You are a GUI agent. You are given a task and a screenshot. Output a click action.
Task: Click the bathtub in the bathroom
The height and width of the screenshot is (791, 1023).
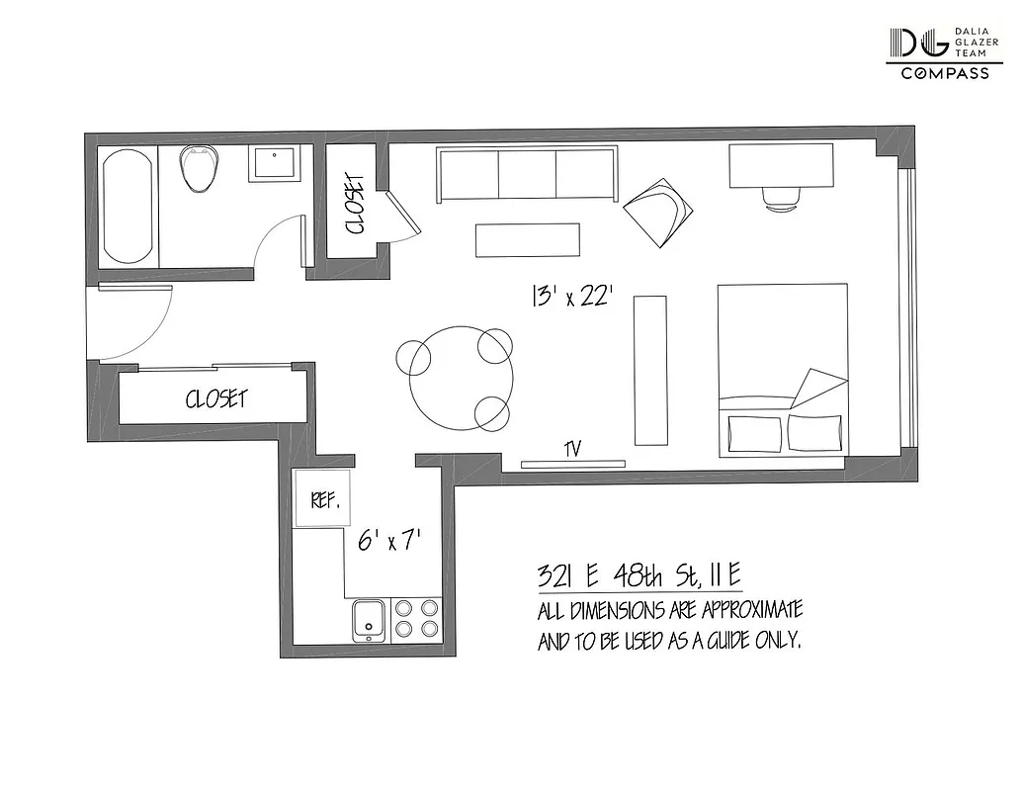tap(128, 206)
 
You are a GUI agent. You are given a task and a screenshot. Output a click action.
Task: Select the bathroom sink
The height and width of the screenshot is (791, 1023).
tap(275, 163)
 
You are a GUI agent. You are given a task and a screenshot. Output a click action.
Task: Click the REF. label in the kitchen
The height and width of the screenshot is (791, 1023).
tap(324, 500)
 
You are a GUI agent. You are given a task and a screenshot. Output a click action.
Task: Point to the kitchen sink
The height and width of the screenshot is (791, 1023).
tap(370, 619)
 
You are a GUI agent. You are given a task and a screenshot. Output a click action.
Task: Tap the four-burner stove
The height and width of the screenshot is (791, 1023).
tap(417, 618)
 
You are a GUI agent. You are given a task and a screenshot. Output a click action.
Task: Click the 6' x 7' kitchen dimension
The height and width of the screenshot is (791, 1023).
tap(389, 541)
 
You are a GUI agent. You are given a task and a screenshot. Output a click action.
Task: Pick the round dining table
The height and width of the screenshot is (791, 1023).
tap(462, 379)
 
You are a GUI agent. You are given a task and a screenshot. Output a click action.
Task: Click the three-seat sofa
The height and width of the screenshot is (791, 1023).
tap(527, 174)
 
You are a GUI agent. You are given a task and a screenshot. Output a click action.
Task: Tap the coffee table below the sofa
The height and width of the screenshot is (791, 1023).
tap(527, 239)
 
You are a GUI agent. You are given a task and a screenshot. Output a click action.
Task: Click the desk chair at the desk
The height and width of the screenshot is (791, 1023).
tap(782, 198)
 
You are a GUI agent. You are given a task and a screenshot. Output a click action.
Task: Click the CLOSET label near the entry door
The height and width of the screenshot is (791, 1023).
tap(216, 399)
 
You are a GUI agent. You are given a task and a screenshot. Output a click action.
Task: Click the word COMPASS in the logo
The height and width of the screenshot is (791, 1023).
tap(944, 74)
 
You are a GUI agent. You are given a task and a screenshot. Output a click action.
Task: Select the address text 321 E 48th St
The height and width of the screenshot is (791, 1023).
tap(639, 574)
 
